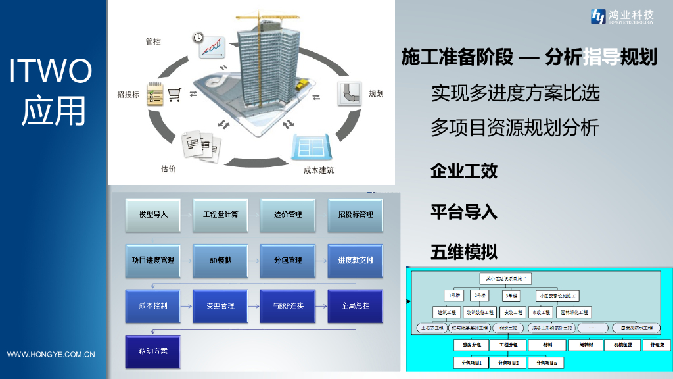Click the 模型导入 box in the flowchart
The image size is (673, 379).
153,215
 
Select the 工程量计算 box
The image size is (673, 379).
220,215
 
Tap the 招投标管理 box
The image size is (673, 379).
355,215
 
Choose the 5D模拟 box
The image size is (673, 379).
220,260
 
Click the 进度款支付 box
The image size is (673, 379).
355,260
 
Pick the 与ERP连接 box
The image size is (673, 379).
288,306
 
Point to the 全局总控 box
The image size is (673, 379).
355,306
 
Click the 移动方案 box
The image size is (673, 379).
153,351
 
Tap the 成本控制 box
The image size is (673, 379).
153,306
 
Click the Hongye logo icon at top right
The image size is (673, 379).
599,16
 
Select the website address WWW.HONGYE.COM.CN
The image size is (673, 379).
51,355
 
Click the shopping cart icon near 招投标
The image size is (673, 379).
174,95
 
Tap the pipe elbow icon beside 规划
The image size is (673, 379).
350,94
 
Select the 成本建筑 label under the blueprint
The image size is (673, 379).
318,170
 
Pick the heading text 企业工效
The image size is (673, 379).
463,172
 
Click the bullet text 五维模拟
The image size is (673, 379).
463,251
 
